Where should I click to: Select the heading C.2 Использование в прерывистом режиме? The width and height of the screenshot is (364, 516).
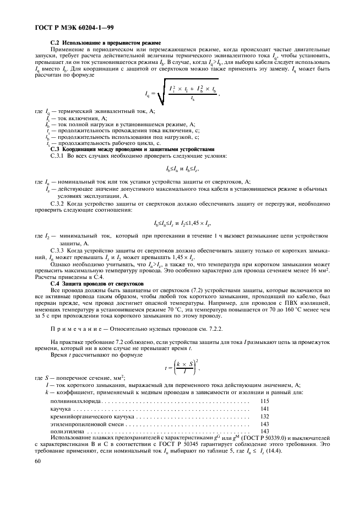(105, 43)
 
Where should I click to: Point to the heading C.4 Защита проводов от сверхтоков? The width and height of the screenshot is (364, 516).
(97, 283)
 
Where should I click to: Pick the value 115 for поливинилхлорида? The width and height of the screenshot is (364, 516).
(264, 401)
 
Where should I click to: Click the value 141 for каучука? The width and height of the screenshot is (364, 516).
(264, 409)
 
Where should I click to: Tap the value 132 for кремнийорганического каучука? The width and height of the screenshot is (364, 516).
(264, 416)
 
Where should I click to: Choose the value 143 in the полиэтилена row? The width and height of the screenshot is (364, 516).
(264, 431)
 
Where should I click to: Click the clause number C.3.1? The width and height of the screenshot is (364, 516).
(58, 156)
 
